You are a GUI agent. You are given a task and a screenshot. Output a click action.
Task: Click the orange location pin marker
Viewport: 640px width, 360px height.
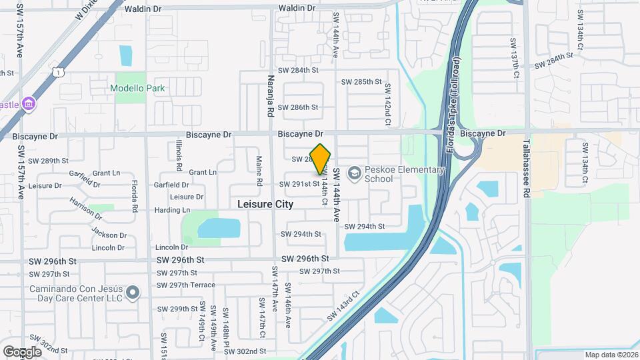[x=321, y=159]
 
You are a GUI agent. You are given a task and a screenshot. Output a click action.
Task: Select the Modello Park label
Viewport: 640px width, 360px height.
[x=138, y=88]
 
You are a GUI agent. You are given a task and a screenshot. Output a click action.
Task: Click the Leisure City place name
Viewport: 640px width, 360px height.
[x=265, y=204]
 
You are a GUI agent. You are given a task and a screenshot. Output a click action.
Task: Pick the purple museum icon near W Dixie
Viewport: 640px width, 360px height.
[x=29, y=105]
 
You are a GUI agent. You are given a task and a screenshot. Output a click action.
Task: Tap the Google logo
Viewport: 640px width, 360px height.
[x=23, y=351]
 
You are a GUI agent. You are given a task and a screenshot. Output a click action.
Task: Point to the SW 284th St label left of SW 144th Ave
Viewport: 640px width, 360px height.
[x=297, y=70]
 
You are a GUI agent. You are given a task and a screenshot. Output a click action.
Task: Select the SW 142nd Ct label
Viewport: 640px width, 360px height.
[x=387, y=107]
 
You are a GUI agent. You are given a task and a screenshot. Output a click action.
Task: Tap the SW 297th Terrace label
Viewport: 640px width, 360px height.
[x=186, y=285]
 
